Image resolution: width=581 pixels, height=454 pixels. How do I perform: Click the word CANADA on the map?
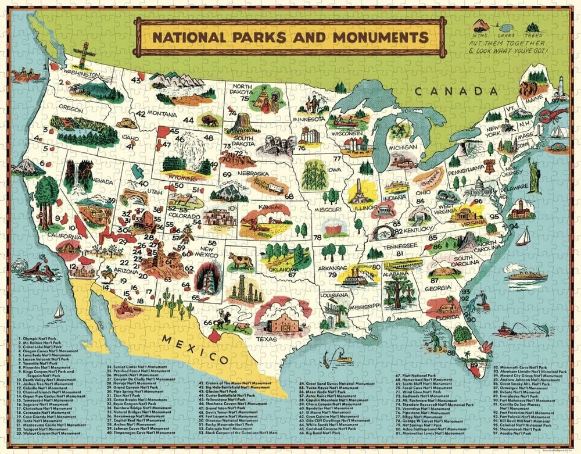tap(456, 91)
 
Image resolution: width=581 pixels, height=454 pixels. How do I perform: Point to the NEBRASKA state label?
tap(253, 173)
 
